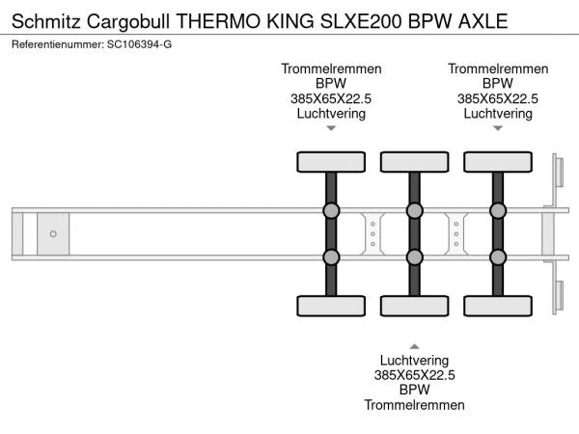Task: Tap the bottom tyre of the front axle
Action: pyautogui.click(x=331, y=307)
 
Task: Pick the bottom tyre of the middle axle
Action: pyautogui.click(x=414, y=307)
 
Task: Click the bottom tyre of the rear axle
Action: pyautogui.click(x=498, y=307)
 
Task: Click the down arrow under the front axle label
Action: pyautogui.click(x=331, y=128)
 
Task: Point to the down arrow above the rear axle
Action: pyautogui.click(x=498, y=128)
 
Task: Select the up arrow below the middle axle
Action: pyautogui.click(x=414, y=345)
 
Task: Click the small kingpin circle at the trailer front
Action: pyautogui.click(x=54, y=234)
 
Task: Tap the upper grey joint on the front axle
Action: pyautogui.click(x=331, y=211)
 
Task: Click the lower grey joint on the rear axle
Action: pyautogui.click(x=498, y=257)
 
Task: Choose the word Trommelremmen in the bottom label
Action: pyautogui.click(x=414, y=405)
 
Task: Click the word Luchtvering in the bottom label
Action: pyautogui.click(x=414, y=360)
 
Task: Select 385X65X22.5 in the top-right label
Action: pyautogui.click(x=498, y=98)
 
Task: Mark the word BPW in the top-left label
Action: pyautogui.click(x=331, y=84)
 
